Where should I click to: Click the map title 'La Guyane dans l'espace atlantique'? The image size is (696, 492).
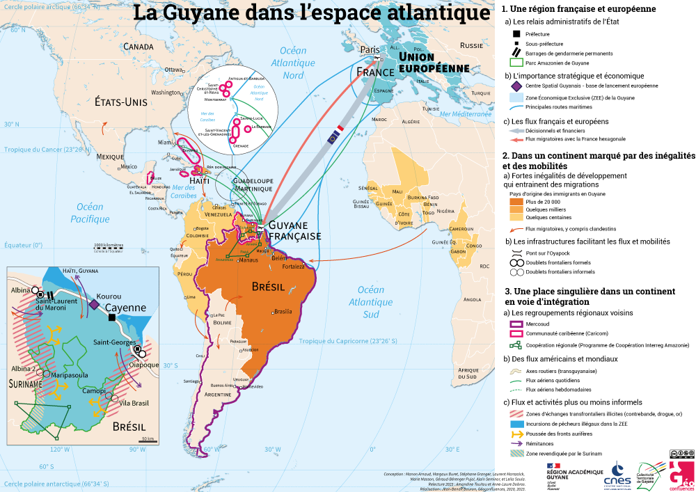(311, 13)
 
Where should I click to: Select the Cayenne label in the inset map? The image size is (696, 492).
(125, 308)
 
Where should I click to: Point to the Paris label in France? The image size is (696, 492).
(369, 49)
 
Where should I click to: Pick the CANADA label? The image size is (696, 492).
(138, 47)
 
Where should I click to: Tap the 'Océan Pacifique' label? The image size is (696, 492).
(90, 213)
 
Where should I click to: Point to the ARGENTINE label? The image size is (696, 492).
(216, 395)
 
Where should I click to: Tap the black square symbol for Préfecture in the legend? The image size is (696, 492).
(516, 34)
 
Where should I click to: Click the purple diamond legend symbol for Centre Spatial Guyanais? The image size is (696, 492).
(516, 86)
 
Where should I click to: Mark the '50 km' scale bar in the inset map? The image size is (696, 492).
(147, 439)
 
